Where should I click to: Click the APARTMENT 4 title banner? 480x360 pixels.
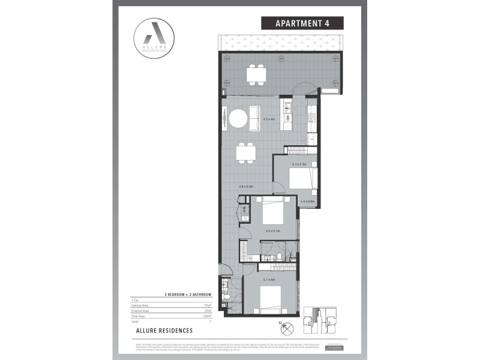point(302,23)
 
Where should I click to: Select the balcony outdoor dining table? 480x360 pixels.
point(255,74)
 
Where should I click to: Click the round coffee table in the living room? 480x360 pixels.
point(239,119)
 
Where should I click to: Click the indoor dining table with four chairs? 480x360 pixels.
point(246,152)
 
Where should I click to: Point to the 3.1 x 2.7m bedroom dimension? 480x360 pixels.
point(299,164)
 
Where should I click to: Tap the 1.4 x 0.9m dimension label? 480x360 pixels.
point(308,202)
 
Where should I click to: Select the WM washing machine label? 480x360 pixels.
point(245,209)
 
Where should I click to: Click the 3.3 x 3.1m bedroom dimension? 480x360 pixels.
point(274,230)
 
